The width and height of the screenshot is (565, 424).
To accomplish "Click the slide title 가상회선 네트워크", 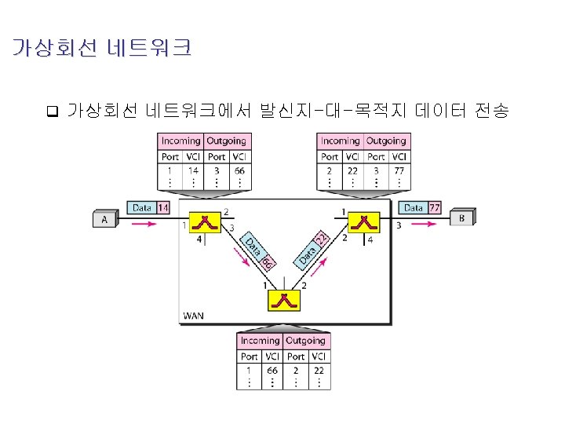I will tap(101, 49).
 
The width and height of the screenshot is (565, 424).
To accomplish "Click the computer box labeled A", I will tap(104, 219).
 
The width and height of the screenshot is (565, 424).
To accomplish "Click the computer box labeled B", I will tap(461, 217).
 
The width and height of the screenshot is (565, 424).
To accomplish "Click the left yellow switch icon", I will tap(206, 222).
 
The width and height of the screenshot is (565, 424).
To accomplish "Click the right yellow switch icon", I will tap(364, 222).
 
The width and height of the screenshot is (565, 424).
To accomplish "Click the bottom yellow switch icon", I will tap(284, 302).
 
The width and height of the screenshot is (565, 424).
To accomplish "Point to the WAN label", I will tap(193, 316).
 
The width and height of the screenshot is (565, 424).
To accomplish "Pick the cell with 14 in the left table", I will tap(193, 170).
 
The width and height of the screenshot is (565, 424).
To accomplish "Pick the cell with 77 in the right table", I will tap(399, 170).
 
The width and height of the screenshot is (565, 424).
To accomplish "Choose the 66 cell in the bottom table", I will tap(272, 369).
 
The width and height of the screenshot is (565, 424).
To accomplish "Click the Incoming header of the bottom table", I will tap(260, 341).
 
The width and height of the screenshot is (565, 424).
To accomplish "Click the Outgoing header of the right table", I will tap(386, 141).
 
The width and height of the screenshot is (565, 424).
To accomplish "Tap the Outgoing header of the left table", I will tap(226, 141).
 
